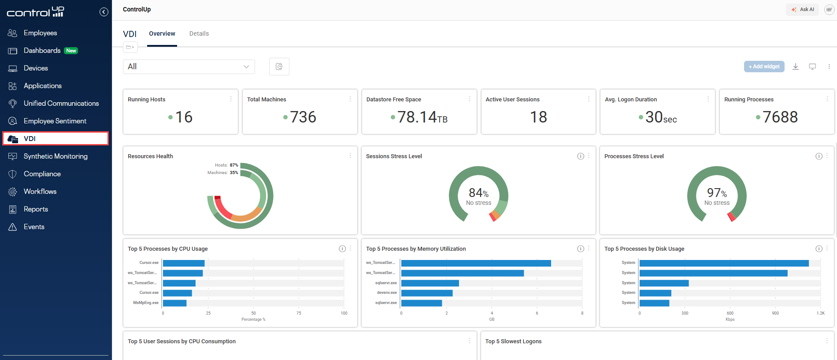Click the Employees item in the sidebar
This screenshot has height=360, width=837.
click(40, 33)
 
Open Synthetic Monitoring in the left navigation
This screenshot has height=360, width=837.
click(56, 156)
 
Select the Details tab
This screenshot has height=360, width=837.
click(199, 33)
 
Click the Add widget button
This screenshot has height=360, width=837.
click(764, 67)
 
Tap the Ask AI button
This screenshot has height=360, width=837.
click(803, 9)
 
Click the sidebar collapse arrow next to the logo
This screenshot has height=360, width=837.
click(104, 12)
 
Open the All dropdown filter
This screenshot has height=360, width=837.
click(189, 67)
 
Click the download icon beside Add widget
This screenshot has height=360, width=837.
click(795, 67)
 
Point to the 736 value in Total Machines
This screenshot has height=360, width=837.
click(303, 117)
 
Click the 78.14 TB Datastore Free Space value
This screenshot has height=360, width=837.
click(422, 117)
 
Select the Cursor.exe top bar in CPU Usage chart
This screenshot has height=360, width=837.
click(184, 263)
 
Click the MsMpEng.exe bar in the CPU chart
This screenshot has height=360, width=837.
click(175, 303)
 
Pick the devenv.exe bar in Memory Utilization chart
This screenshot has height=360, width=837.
click(426, 293)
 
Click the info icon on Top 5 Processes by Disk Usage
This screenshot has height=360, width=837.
click(818, 249)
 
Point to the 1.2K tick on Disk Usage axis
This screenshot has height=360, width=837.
click(820, 313)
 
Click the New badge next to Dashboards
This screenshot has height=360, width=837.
click(71, 51)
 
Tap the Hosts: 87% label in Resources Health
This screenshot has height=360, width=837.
click(226, 165)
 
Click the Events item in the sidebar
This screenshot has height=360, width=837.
click(34, 227)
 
